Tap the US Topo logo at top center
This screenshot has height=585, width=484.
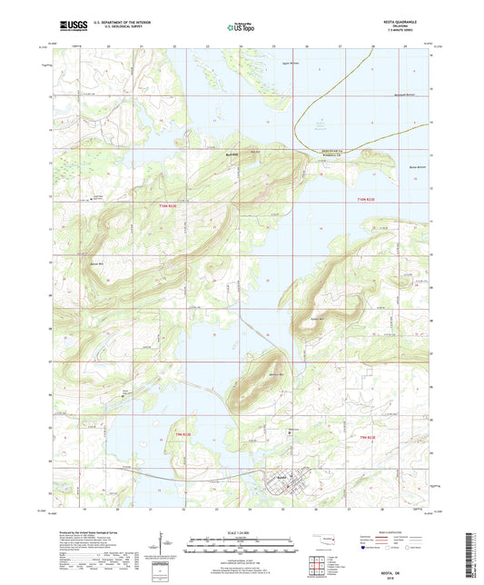tap(242, 28)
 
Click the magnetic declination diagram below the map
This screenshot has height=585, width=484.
tap(164, 545)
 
